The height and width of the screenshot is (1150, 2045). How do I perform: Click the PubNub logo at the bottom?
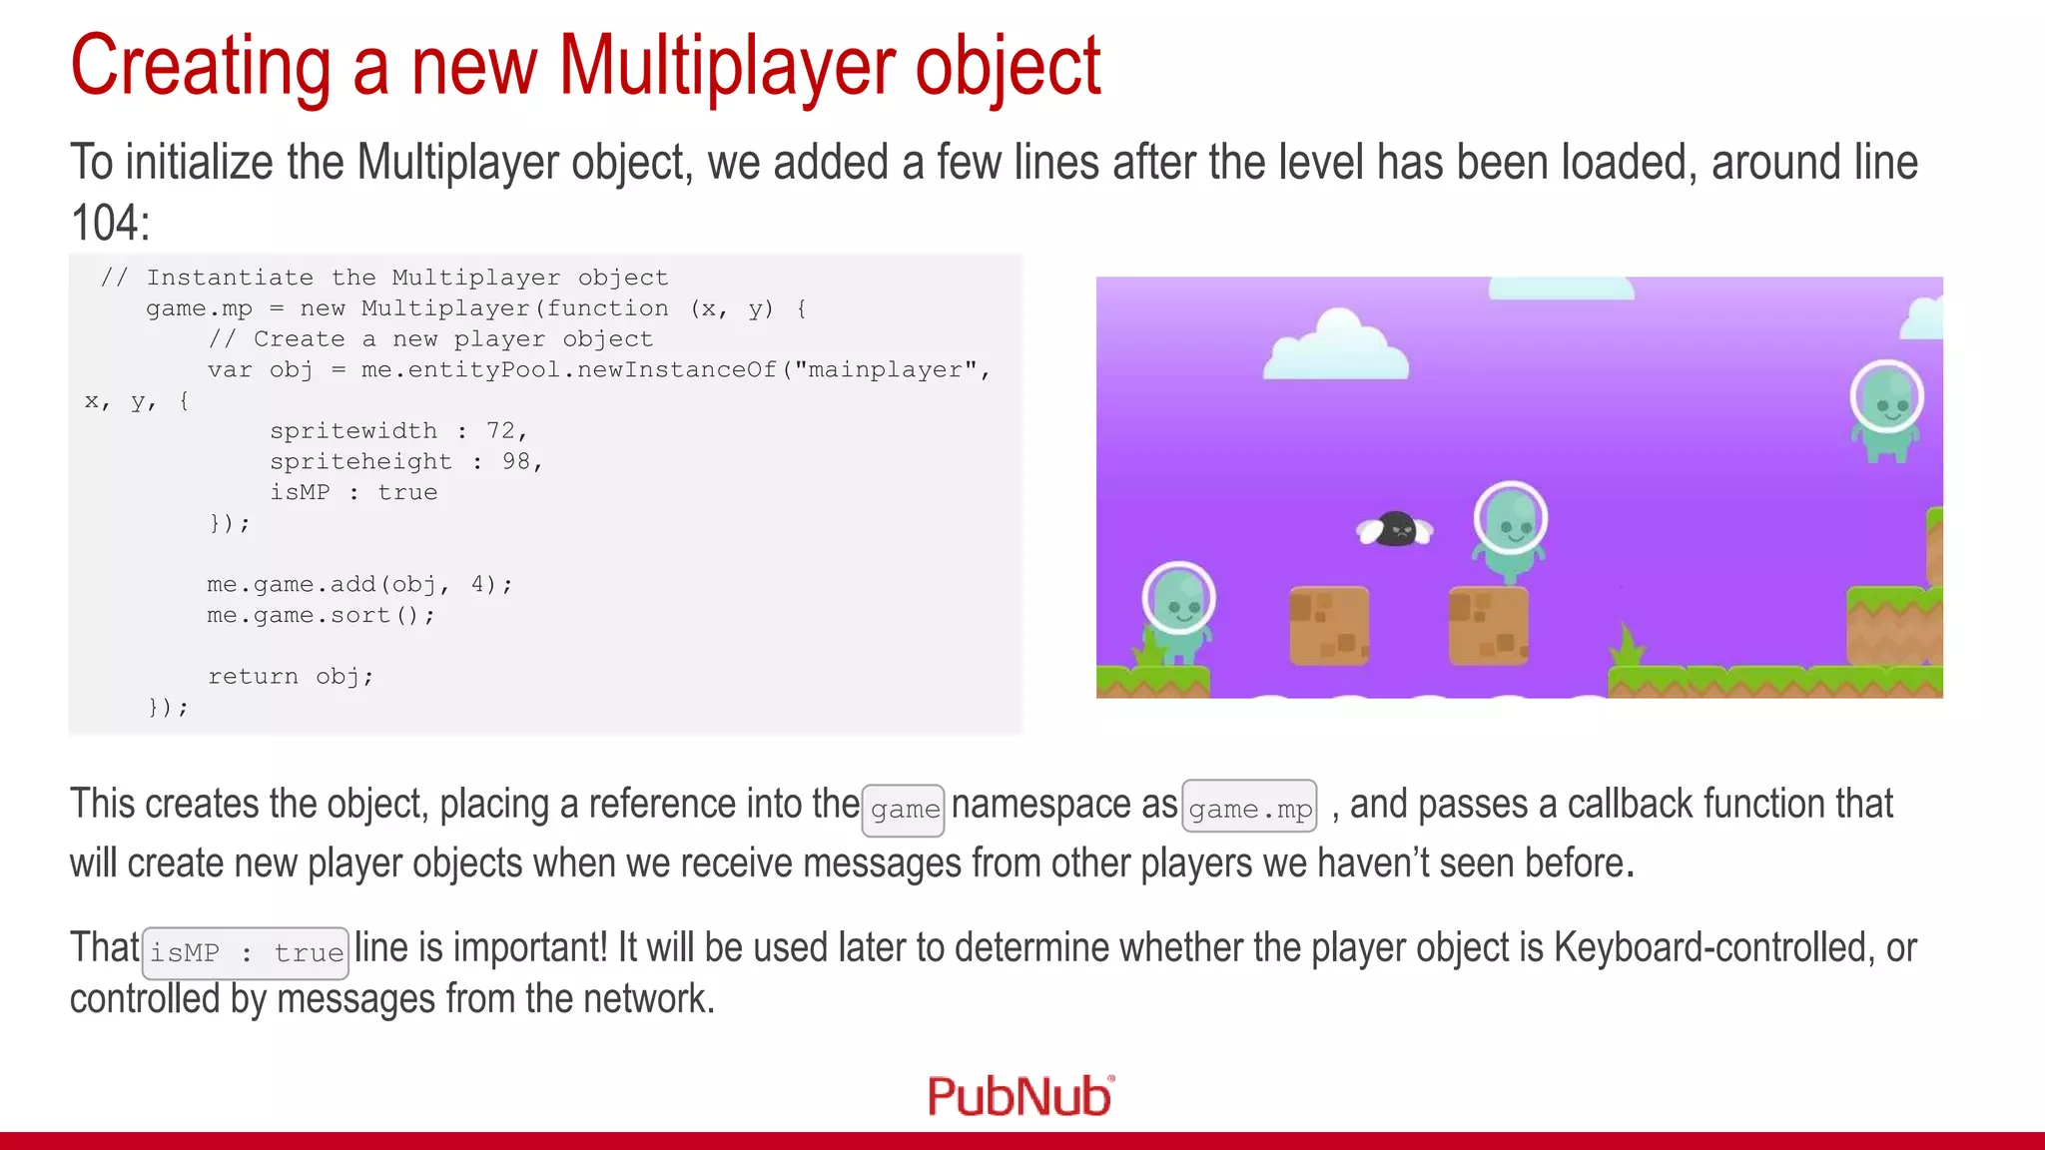pos(1020,1096)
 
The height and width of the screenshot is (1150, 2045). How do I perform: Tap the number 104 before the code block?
pos(109,223)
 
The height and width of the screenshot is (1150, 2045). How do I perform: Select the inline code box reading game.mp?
pos(1249,808)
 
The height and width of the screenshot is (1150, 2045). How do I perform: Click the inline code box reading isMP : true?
pos(246,952)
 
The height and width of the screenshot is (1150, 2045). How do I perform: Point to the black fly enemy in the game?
pos(1395,529)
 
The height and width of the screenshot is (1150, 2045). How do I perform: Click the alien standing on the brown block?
pos(1510,530)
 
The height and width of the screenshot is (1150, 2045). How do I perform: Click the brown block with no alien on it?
pos(1328,626)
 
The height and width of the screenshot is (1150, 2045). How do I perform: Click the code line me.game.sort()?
pos(321,615)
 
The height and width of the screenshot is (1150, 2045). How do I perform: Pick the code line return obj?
pos(291,677)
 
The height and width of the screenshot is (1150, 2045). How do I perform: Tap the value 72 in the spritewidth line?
pos(500,430)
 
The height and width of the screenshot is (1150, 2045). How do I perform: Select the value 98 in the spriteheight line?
pos(516,461)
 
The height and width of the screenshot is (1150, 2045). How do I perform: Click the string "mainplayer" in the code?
pos(885,369)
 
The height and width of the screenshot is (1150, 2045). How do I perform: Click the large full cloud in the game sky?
pos(1335,345)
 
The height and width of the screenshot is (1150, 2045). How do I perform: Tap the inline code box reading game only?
pos(904,809)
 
